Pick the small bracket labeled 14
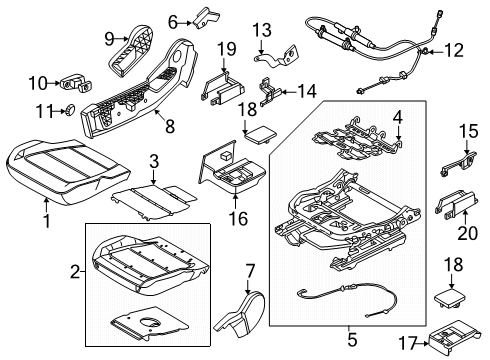tap(268, 90)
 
